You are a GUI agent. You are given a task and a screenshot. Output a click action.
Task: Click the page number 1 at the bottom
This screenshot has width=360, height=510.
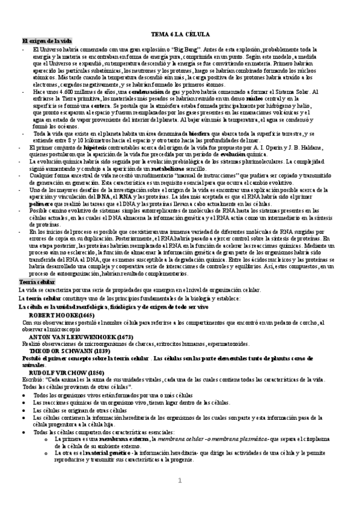pos(179,482)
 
